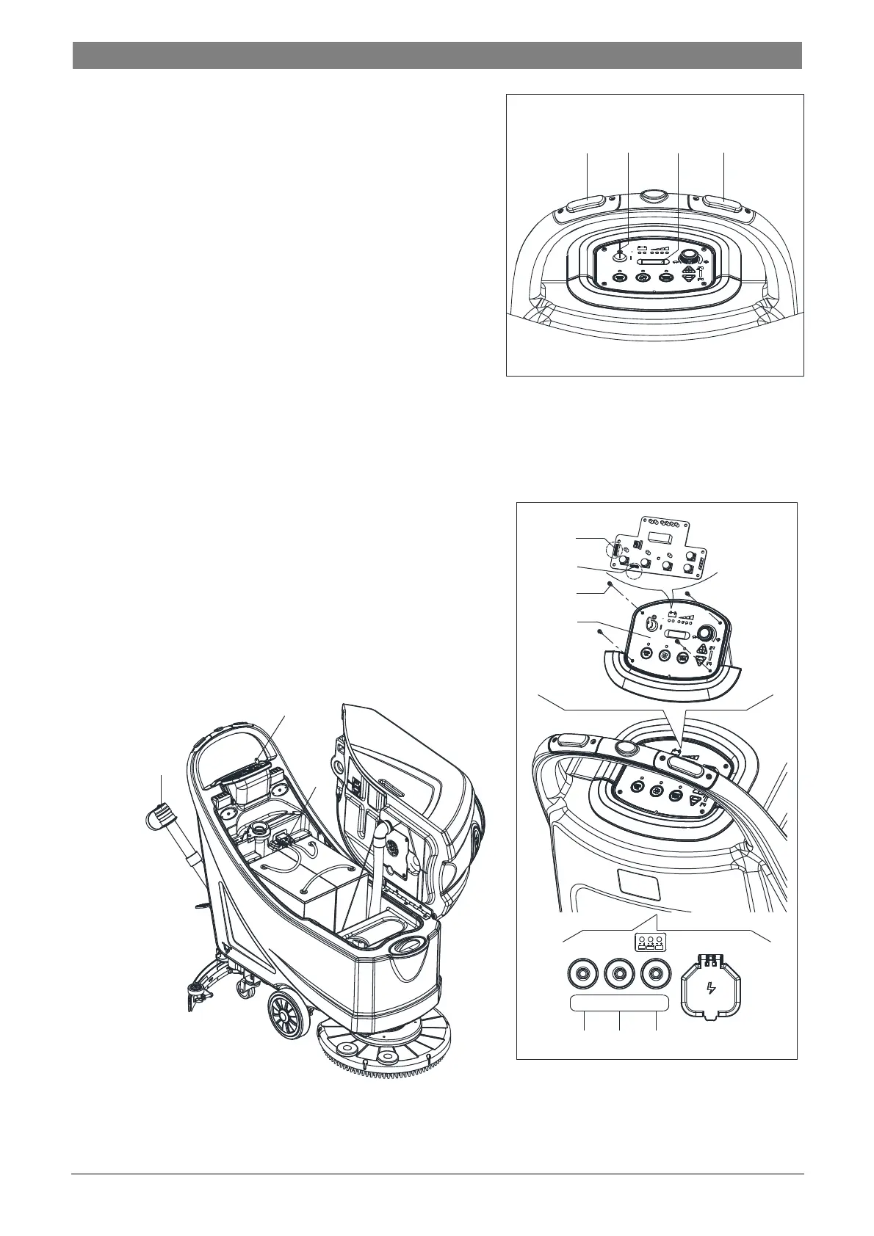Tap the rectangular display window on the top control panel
click(651, 261)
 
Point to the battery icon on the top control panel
click(641, 248)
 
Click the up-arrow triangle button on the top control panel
click(688, 272)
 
